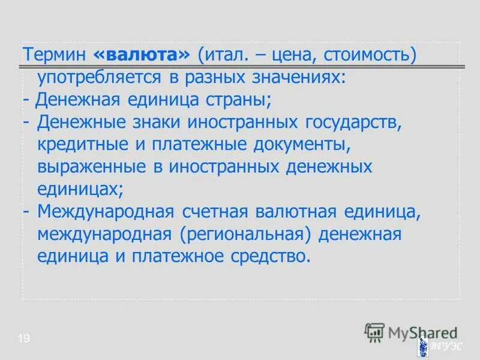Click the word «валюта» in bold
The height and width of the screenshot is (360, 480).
(x=142, y=55)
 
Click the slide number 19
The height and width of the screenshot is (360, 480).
(x=23, y=340)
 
